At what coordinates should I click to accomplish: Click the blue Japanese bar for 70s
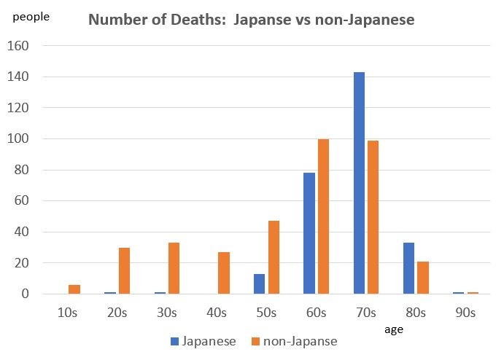click(359, 183)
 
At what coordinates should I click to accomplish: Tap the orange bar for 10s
click(74, 289)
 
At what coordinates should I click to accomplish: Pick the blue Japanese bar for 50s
click(260, 284)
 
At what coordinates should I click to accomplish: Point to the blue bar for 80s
click(408, 268)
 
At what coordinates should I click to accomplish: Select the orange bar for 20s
click(124, 271)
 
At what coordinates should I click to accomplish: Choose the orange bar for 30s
click(174, 268)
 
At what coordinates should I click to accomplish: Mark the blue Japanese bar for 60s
click(309, 233)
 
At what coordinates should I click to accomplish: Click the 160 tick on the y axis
click(18, 46)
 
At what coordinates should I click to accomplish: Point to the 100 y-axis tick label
click(18, 139)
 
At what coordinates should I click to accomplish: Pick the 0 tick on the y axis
click(25, 294)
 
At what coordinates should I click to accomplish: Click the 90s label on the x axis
click(465, 313)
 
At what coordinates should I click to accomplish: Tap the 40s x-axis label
click(217, 313)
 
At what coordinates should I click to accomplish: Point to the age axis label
click(395, 329)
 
